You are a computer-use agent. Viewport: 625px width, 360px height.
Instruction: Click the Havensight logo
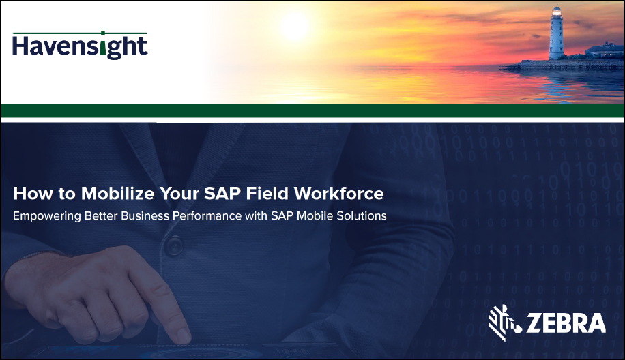pyautogui.click(x=80, y=46)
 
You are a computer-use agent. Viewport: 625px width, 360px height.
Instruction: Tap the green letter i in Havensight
pyautogui.click(x=103, y=44)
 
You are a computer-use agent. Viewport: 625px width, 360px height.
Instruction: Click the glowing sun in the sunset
pyautogui.click(x=295, y=27)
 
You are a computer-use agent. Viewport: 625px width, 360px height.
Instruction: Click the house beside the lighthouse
pyautogui.click(x=604, y=50)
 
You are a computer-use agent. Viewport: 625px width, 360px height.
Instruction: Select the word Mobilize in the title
pyautogui.click(x=117, y=193)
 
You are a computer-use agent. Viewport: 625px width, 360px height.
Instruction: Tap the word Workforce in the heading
pyautogui.click(x=339, y=193)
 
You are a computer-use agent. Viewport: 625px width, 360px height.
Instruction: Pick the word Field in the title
pyautogui.click(x=267, y=193)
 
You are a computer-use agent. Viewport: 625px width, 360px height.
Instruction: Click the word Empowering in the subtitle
pyautogui.click(x=46, y=216)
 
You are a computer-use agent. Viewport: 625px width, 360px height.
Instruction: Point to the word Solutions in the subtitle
pyautogui.click(x=362, y=215)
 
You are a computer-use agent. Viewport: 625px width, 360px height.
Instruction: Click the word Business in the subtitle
pyautogui.click(x=145, y=215)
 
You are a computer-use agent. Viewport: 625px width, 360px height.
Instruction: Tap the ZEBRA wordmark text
pyautogui.click(x=566, y=323)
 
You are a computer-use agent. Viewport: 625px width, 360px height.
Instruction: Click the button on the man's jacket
pyautogui.click(x=174, y=245)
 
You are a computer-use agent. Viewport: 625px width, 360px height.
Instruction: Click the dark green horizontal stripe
pyautogui.click(x=312, y=110)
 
